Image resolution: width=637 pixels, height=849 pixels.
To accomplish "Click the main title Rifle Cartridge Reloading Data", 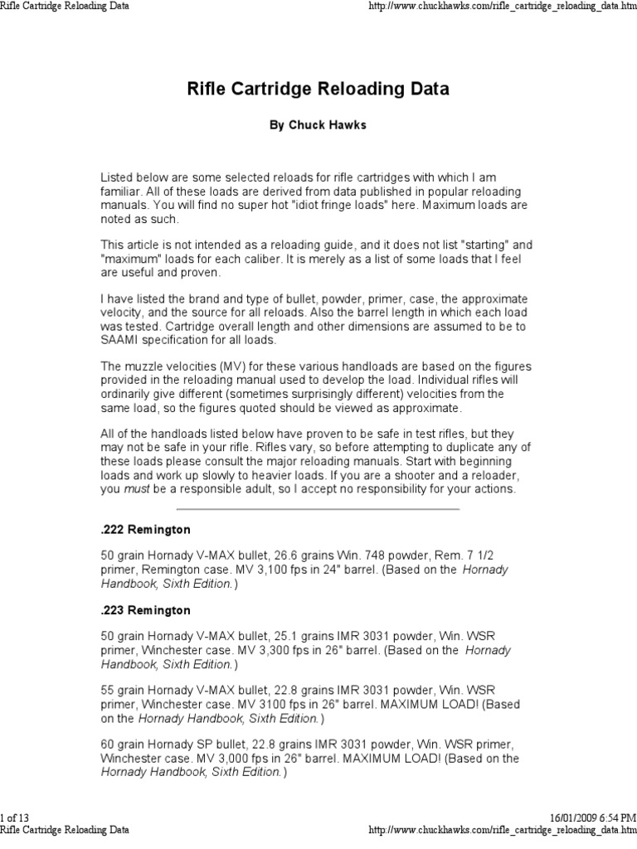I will [318, 89].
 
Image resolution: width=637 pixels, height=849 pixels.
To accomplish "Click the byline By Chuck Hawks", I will [318, 126].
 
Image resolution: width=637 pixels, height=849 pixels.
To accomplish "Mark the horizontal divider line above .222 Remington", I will [318, 508].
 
